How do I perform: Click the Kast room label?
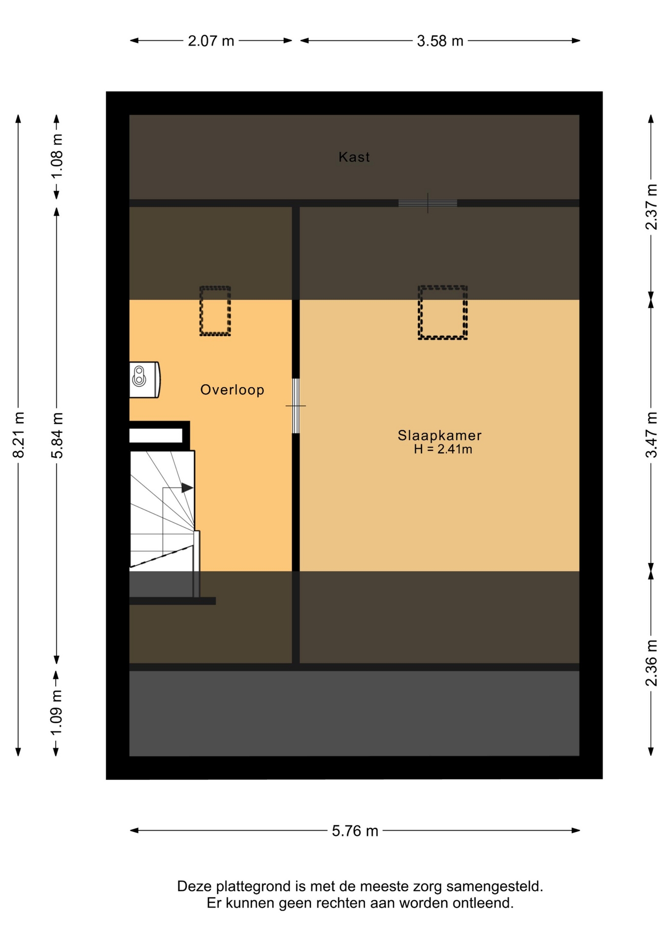(x=354, y=157)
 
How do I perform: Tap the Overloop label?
(x=232, y=390)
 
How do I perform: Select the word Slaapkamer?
(x=439, y=435)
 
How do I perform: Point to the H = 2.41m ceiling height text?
(x=443, y=449)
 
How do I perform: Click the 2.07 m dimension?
(x=211, y=41)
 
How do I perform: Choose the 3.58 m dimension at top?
(x=440, y=41)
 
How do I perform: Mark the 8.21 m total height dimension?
(x=18, y=435)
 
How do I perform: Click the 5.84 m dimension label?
(x=57, y=435)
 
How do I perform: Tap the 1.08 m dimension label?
(x=57, y=156)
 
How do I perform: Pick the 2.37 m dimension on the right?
(x=651, y=207)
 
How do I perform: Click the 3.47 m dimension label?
(x=651, y=435)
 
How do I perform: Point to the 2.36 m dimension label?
(x=651, y=663)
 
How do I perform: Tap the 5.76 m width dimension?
(x=355, y=831)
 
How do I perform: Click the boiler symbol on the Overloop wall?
(x=144, y=380)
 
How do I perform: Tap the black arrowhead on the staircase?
(x=187, y=488)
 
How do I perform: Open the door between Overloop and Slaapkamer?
(x=296, y=405)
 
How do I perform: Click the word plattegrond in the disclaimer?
(x=254, y=887)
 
